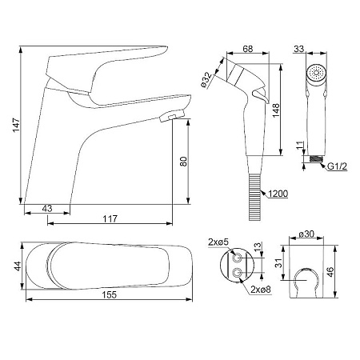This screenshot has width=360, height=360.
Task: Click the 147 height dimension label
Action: coord(17,125)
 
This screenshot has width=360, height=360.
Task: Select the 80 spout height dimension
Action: coord(184,162)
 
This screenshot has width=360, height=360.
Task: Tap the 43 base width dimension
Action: coord(47,209)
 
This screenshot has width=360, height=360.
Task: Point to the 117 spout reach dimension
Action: coord(110,219)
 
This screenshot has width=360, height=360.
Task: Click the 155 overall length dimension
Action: coord(110,295)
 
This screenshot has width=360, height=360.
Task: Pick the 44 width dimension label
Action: coord(18,266)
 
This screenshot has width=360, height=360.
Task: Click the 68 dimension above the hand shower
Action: coord(248,49)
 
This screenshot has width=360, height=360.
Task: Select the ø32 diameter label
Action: coord(206,80)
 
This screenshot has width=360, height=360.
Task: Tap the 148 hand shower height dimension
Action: coord(276,110)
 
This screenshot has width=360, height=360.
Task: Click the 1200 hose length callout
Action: coord(278,194)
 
